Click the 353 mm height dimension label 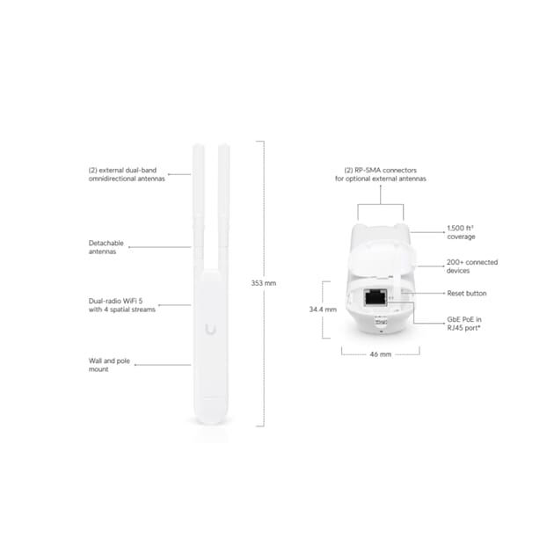pyautogui.click(x=264, y=283)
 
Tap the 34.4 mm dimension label pyautogui.click(x=323, y=310)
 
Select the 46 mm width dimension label pyautogui.click(x=381, y=354)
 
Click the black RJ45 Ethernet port pyautogui.click(x=375, y=297)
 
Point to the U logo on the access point pyautogui.click(x=211, y=329)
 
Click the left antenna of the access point pyautogui.click(x=199, y=208)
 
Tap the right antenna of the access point pyautogui.click(x=223, y=208)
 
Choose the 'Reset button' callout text pyautogui.click(x=467, y=293)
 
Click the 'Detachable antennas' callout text pyautogui.click(x=106, y=247)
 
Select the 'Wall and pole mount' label pyautogui.click(x=109, y=365)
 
